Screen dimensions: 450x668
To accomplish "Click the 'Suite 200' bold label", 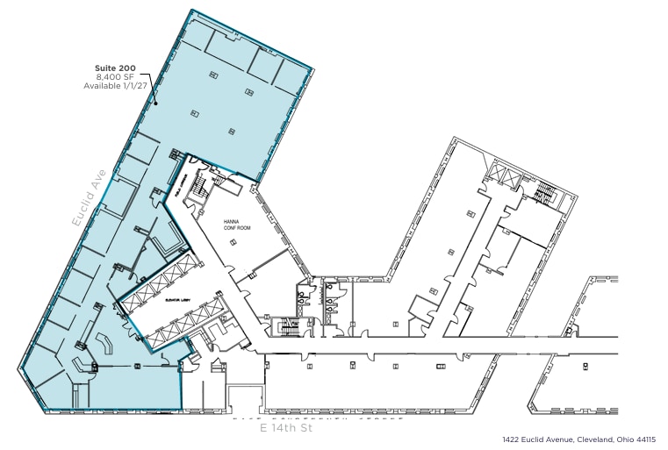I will tap(116, 68).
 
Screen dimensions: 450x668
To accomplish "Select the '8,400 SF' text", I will tap(116, 77).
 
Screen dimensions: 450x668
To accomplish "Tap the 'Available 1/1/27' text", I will tap(116, 86).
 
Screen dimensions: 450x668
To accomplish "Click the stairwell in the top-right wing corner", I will tap(546, 195).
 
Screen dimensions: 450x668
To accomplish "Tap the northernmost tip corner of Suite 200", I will tap(190, 11).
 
